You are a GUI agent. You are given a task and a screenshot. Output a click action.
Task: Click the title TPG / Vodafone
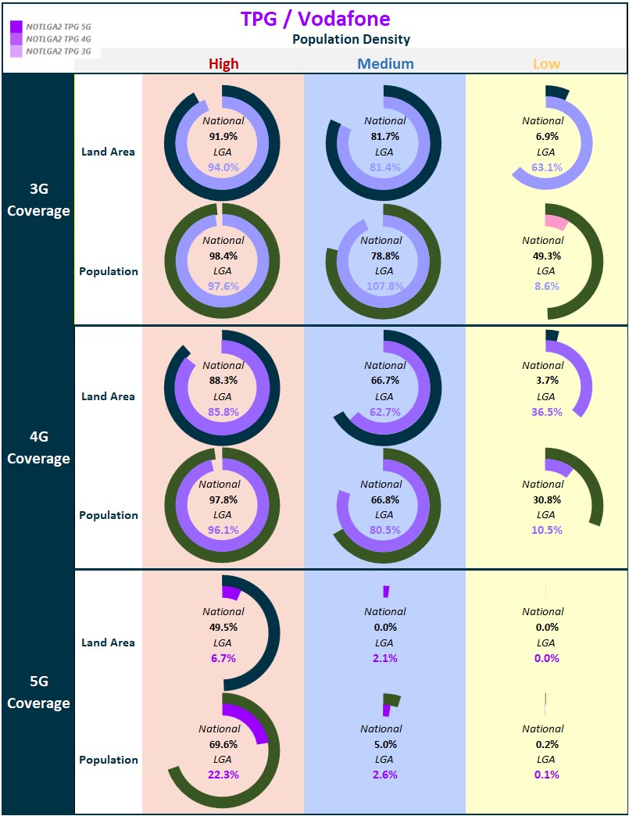click(315, 19)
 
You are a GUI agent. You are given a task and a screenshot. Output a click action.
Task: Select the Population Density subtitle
click(351, 39)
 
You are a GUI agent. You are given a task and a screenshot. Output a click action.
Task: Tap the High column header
click(223, 64)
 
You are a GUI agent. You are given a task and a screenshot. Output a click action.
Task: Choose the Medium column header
click(385, 64)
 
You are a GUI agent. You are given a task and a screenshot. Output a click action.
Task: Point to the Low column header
click(546, 64)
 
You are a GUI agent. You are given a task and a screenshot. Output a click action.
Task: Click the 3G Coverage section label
click(38, 199)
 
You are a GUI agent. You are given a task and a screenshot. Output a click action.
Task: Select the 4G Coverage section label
click(38, 447)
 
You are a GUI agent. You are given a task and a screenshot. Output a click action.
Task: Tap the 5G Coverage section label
click(38, 692)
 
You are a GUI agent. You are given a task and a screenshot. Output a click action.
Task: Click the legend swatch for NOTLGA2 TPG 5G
click(16, 27)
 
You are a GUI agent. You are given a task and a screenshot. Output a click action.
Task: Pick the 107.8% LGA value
click(385, 286)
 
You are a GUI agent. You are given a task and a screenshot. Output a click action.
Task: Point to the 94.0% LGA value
click(223, 167)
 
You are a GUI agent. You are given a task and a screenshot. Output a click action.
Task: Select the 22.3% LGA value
click(223, 775)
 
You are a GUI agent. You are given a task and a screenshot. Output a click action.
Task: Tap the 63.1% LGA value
click(547, 167)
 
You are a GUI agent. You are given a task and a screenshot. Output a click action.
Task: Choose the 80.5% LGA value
click(385, 530)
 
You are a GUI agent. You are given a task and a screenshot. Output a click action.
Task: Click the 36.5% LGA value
click(547, 412)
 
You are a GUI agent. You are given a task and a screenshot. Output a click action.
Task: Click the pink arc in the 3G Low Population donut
click(556, 221)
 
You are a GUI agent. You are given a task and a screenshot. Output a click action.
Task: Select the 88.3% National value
click(223, 381)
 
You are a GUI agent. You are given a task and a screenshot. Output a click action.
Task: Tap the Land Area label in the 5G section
click(108, 642)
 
